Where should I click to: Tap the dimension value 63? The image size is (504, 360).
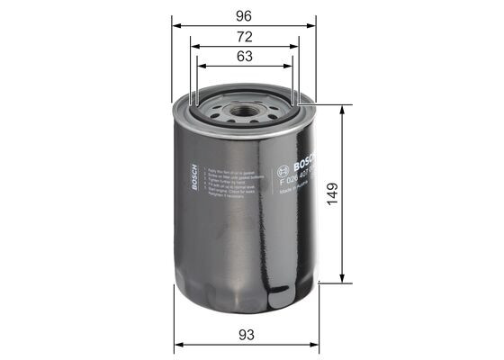[245, 56]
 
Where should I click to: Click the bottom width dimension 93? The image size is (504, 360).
[246, 334]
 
